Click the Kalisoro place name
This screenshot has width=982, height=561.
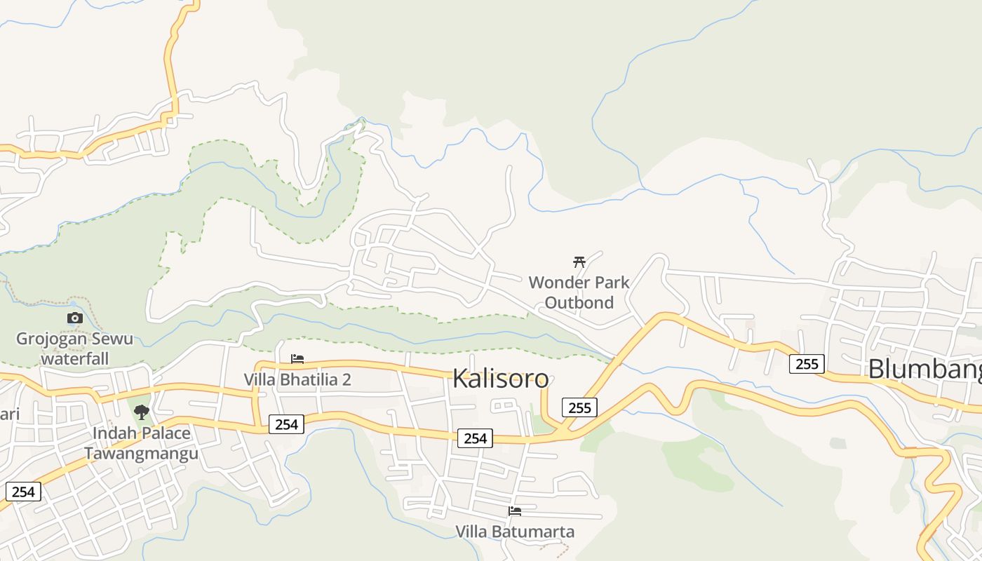pos(500,379)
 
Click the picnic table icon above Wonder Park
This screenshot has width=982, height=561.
pos(579,262)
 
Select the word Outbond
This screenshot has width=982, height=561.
pos(579,302)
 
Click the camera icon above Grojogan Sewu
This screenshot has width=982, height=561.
pos(75,318)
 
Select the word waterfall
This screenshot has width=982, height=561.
pos(75,358)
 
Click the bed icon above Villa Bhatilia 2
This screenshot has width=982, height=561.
pos(297,359)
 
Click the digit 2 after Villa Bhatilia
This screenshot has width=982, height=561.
pos(346,379)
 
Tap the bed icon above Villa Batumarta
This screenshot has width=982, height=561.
pos(515,511)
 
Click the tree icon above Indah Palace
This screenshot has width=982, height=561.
pos(142,412)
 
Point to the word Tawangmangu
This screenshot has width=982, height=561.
pos(141,453)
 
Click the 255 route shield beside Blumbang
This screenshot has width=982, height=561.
pos(807,364)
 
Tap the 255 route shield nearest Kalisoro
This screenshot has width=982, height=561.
pos(579,407)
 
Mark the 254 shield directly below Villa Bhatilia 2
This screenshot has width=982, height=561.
pos(286,424)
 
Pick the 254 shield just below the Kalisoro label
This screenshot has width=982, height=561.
pos(475,438)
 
